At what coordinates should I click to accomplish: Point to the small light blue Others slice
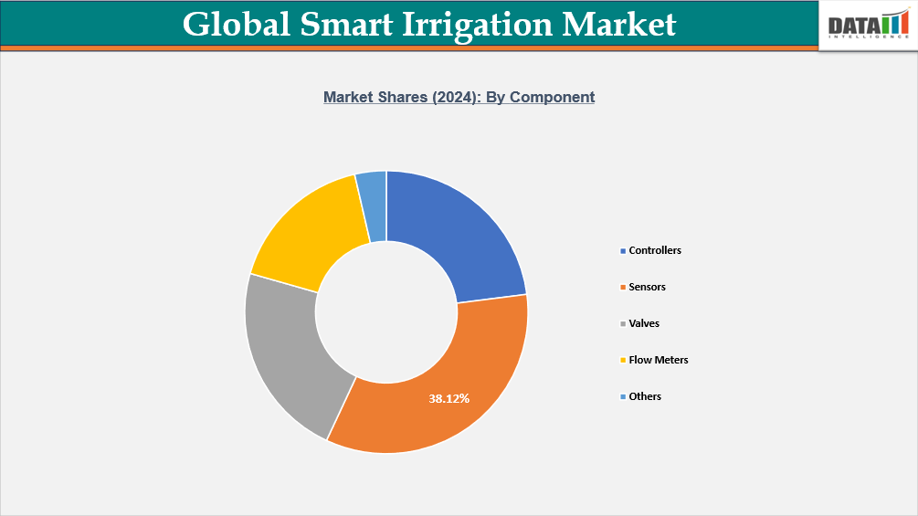pos(372,205)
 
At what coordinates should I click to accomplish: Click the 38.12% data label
pos(449,398)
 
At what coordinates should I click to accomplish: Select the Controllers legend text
pos(655,250)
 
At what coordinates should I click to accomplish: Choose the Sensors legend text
pos(647,287)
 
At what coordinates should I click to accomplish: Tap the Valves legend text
pos(644,323)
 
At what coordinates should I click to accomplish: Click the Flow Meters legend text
pos(659,360)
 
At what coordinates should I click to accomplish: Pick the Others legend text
pos(645,396)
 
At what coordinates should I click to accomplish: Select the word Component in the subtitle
pos(552,97)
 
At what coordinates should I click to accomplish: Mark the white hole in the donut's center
pos(386,311)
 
